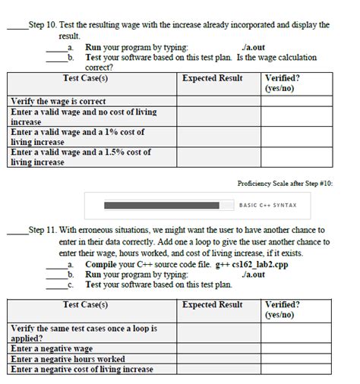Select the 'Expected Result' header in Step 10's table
tap(213, 78)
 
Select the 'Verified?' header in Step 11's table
tap(282, 304)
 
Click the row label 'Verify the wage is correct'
tap(58, 101)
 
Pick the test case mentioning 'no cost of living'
tap(84, 116)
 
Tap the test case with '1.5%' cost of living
tap(80, 156)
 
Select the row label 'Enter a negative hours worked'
tap(67, 359)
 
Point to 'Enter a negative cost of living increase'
tap(82, 370)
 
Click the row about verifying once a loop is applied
tap(84, 333)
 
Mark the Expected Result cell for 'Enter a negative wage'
tap(219, 348)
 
